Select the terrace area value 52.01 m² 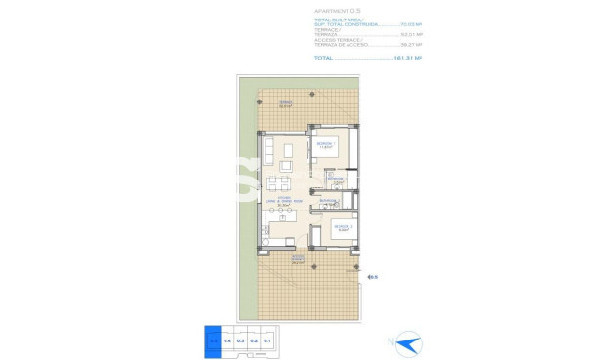point(411,36)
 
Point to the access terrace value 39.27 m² point(411,45)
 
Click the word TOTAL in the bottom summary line point(324,58)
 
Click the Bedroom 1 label point(325,145)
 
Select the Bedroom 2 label point(342,228)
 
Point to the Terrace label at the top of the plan point(286,103)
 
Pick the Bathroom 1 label point(338,181)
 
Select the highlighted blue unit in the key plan point(214,340)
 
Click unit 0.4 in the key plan point(227,340)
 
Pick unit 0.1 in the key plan point(266,340)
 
